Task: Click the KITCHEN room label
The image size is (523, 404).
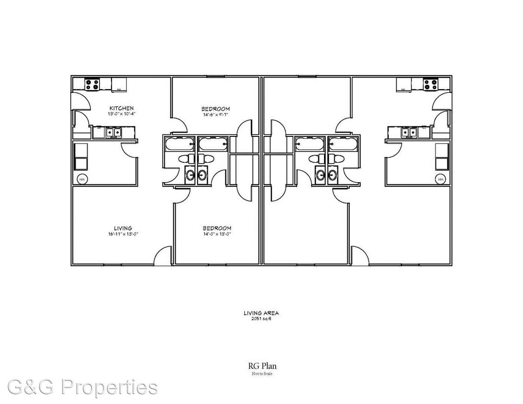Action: [121, 108]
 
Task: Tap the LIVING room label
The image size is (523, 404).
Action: [123, 228]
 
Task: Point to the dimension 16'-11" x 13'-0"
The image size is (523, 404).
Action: [123, 234]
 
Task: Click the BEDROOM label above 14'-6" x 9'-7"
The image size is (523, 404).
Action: [216, 109]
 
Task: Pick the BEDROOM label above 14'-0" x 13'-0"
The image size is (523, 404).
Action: [217, 228]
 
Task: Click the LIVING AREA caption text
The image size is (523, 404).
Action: [261, 313]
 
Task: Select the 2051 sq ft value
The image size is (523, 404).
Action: [261, 318]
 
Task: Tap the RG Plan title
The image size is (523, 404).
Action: [261, 366]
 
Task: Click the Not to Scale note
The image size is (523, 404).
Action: [261, 373]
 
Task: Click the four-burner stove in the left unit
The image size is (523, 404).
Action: [92, 84]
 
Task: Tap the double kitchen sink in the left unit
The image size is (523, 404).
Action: [113, 132]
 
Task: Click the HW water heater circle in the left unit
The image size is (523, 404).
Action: [81, 179]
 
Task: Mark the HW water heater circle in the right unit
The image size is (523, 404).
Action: [441, 179]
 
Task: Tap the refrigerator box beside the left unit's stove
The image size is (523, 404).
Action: [119, 85]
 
